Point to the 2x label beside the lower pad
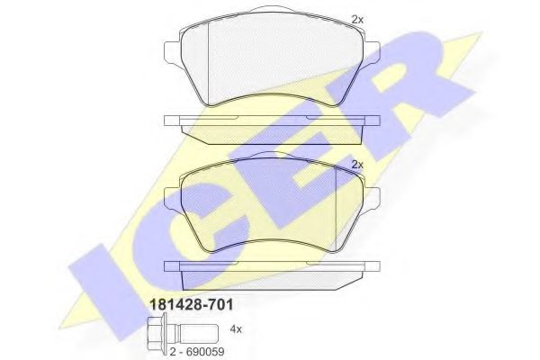pyautogui.click(x=356, y=164)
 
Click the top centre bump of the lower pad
pyautogui.click(x=272, y=157)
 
